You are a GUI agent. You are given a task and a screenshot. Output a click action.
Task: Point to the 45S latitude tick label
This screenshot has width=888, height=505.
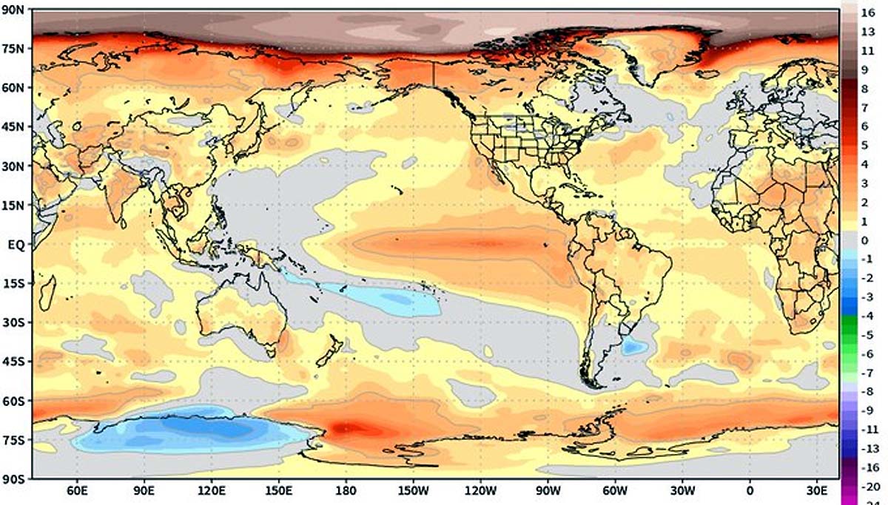tap(13, 362)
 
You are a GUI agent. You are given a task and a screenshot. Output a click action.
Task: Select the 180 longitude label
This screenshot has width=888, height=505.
tap(345, 491)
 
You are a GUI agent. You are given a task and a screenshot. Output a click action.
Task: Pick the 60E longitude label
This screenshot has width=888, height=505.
tap(76, 491)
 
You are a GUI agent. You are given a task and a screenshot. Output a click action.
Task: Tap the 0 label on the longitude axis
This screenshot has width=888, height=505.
tap(750, 491)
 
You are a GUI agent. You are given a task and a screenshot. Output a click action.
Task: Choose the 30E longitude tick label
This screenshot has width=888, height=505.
tap(815, 491)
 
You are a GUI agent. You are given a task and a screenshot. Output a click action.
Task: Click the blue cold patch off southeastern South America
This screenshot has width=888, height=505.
tap(633, 345)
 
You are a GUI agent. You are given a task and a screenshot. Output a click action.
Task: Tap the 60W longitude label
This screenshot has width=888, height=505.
tap(614, 491)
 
